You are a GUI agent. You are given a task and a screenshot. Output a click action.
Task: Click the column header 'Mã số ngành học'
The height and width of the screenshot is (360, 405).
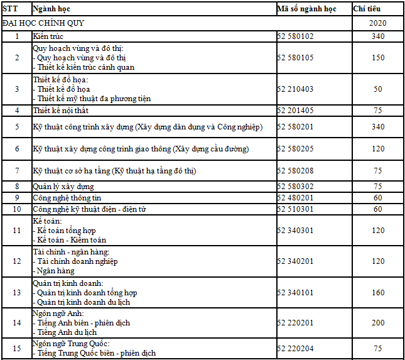306,9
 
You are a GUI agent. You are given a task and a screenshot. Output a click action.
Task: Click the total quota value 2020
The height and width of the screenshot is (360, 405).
378,23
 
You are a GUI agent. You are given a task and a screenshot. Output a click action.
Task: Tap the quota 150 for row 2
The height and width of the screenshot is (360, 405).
378,58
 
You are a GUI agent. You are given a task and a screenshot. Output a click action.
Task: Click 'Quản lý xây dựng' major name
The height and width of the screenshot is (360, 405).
63,187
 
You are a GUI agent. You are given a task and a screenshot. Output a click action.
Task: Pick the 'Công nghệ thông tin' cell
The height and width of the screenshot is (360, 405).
67,198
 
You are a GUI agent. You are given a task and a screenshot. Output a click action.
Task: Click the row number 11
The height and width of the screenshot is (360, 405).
17,231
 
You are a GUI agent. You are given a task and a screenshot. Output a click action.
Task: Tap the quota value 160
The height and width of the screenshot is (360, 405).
378,293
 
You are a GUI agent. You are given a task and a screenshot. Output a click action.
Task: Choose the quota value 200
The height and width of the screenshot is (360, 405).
378,322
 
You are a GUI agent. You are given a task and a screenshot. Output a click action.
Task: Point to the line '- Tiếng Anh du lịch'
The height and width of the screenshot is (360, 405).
67,332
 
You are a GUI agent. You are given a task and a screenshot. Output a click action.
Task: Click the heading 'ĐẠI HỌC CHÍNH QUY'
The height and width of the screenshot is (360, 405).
43,23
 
